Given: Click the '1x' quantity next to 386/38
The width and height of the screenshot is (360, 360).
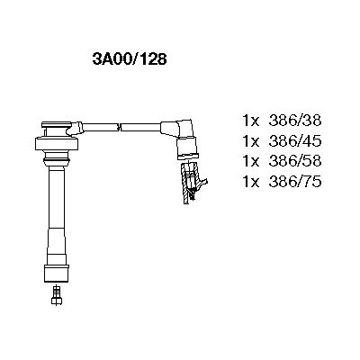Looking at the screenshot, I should (x=253, y=119).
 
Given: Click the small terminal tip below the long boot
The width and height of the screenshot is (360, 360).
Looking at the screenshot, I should (x=58, y=292).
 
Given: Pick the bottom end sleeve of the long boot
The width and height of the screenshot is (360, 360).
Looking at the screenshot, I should (x=57, y=265).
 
